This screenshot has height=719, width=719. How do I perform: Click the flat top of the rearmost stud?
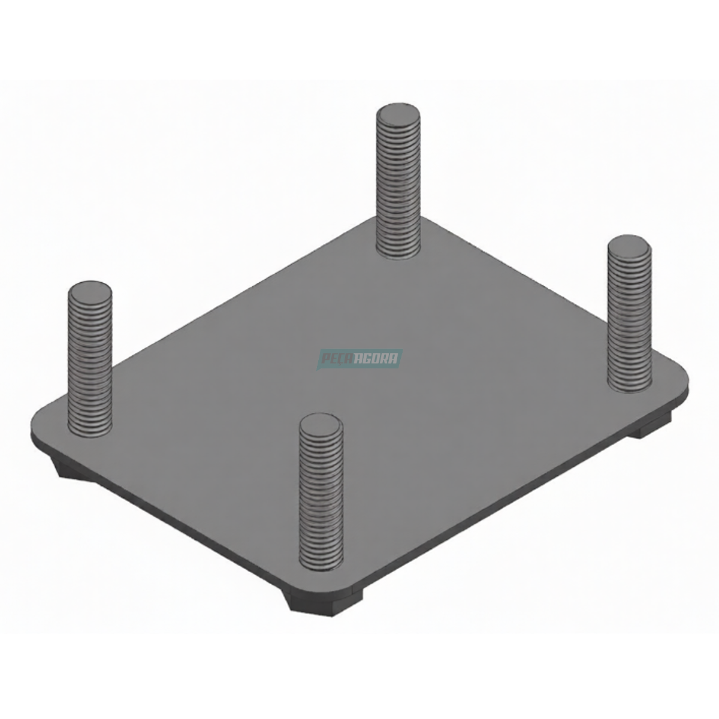pos(398,112)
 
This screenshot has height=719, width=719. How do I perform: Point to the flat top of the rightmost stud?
pos(630,244)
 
